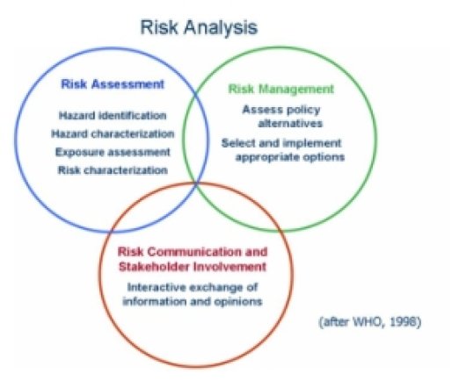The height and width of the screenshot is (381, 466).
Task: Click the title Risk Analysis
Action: point(200,27)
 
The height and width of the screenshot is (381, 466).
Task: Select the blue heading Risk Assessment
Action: point(113,84)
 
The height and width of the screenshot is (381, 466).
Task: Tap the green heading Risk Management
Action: point(280,89)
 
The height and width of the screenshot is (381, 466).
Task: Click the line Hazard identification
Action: point(113,115)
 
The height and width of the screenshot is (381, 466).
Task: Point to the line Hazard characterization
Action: point(116,133)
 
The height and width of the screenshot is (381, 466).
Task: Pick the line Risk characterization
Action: point(112,169)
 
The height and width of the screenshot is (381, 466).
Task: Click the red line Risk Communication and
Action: point(191,252)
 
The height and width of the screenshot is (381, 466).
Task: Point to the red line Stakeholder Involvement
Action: point(191,266)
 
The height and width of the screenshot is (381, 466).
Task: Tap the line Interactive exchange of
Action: point(191,287)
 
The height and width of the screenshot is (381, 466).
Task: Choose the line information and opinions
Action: point(191,301)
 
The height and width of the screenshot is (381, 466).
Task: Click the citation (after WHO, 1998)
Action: point(370,323)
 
